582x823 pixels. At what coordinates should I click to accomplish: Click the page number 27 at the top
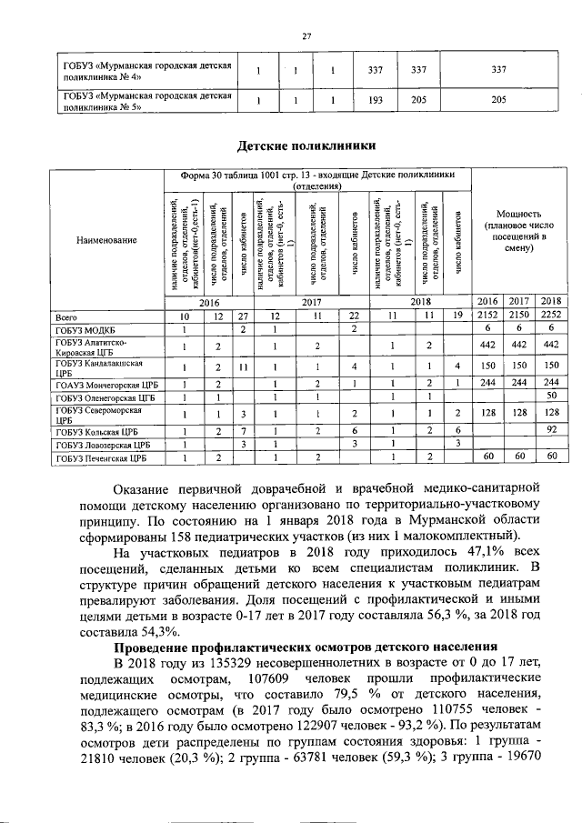point(306,35)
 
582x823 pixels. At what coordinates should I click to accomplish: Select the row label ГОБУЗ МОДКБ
point(85,329)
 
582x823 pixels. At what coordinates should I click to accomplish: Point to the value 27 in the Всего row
point(243,316)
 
